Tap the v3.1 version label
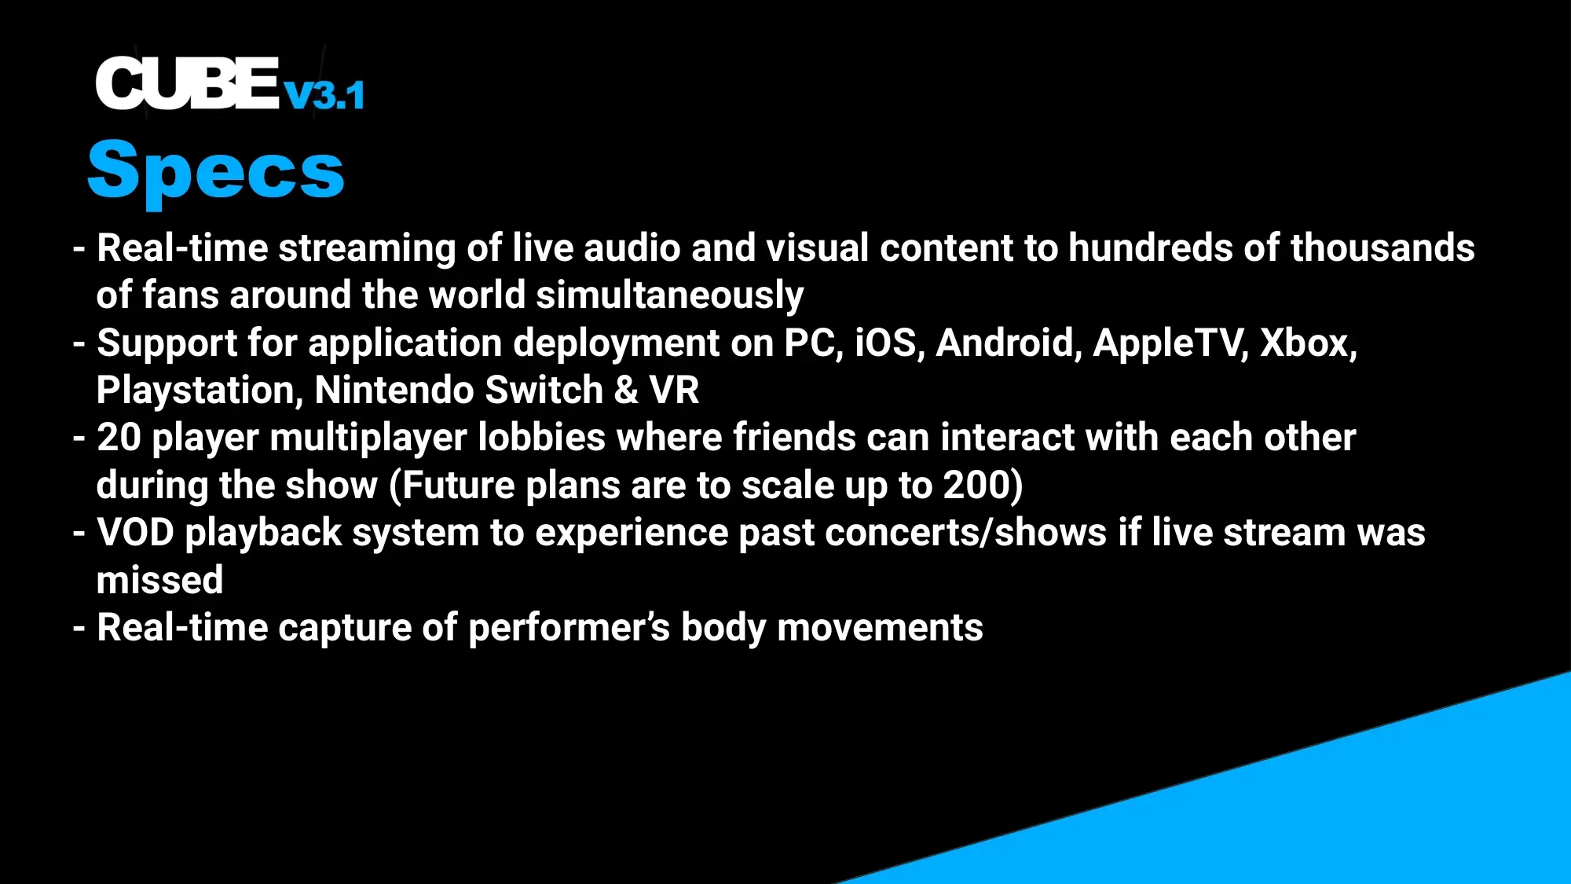coord(324,95)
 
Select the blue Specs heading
coord(216,171)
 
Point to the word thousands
coord(1382,248)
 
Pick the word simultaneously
coord(670,295)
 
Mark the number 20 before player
coord(119,438)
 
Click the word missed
coord(159,580)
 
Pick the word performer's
coord(569,628)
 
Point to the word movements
coord(880,628)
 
